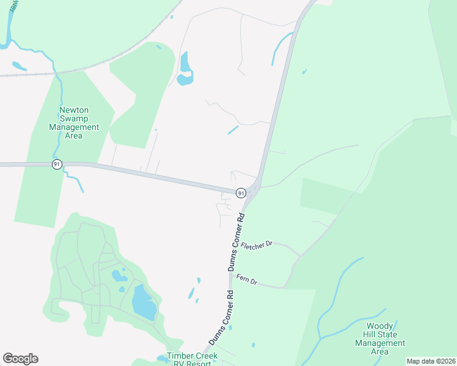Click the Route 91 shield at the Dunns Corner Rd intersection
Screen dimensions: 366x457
click(x=241, y=193)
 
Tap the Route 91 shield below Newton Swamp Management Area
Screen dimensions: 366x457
click(x=57, y=165)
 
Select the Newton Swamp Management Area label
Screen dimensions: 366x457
click(x=74, y=123)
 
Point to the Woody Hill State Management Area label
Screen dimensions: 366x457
click(x=379, y=339)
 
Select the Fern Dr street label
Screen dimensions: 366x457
click(x=249, y=279)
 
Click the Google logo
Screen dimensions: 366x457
click(x=20, y=359)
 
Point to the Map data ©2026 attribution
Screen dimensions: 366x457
click(x=431, y=361)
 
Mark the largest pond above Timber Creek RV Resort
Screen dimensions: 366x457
click(x=144, y=303)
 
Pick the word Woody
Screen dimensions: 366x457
click(x=379, y=326)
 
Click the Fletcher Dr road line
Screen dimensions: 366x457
click(x=287, y=249)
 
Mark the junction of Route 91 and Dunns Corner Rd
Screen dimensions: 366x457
click(x=254, y=188)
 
